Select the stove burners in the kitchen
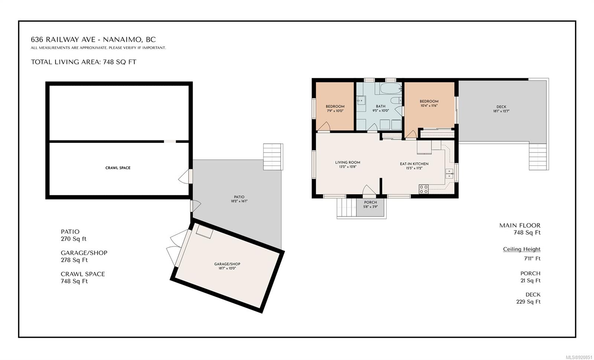pos(424,189)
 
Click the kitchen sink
pos(449,173)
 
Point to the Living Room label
pos(347,163)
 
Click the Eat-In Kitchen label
pos(414,164)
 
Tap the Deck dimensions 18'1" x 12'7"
pos(501,111)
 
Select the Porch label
pos(371,202)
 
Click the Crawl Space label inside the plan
pos(118,168)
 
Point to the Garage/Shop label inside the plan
pos(227,264)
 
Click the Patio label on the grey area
pos(239,197)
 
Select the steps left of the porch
pos(346,207)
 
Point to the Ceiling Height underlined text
pos(522,249)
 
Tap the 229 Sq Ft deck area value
pos(528,302)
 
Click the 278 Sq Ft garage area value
pos(74,260)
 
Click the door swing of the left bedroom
pos(323,126)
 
